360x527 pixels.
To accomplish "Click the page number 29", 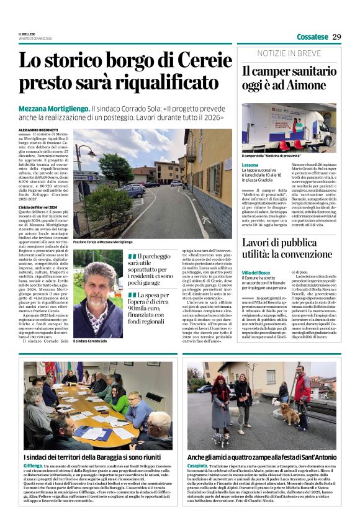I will coord(336,36).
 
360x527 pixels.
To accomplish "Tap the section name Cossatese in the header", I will coord(312,37).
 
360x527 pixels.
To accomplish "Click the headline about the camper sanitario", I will coord(288,78).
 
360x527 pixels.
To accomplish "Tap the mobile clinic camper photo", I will coord(289,127).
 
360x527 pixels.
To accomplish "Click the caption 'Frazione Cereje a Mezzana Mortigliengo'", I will coord(102,241).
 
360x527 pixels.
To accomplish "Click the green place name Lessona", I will coord(250,165).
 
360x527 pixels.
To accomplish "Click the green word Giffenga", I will coord(33,465).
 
